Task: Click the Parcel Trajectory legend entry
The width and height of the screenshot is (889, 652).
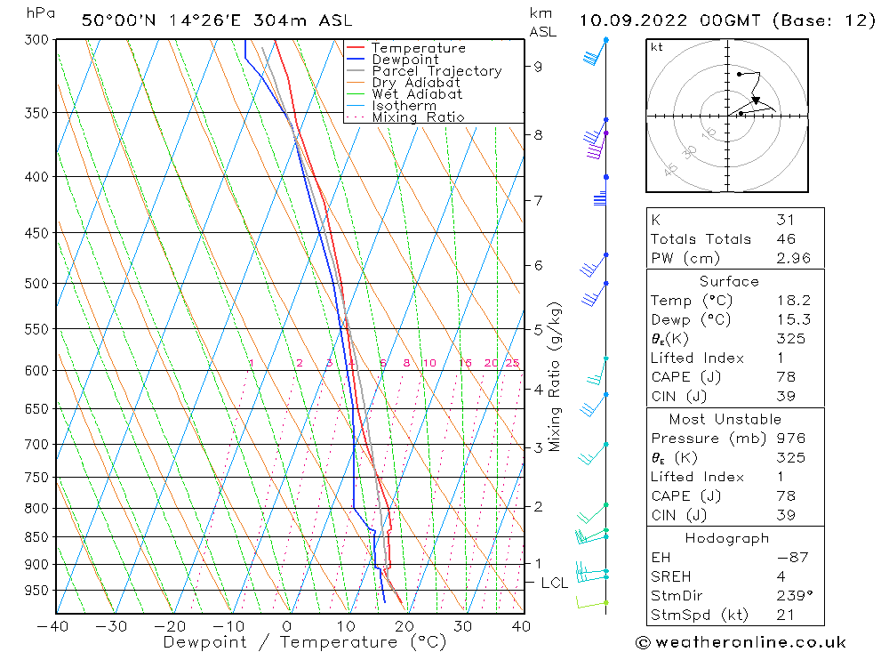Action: [436, 71]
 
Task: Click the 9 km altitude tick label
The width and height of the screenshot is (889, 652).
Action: [538, 66]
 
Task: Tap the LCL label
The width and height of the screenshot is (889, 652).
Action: [554, 584]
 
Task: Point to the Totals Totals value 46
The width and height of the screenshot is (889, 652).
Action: [786, 239]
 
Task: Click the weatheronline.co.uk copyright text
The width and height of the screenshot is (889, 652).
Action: [741, 642]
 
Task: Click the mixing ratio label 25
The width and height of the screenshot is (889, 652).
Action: [512, 363]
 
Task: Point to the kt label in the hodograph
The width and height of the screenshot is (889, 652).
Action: [656, 47]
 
